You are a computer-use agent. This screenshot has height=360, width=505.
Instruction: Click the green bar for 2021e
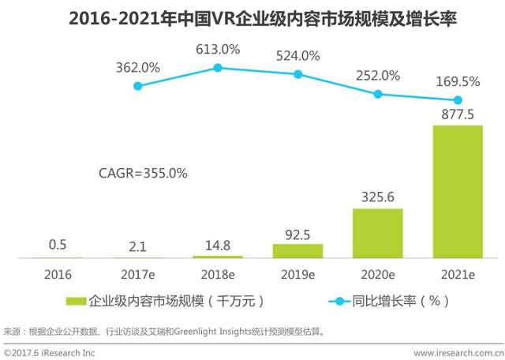[457, 191]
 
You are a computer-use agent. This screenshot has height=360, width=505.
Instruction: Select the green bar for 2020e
[377, 233]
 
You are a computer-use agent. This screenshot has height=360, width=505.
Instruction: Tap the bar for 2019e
[297, 250]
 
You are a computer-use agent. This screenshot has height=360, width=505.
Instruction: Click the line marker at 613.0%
[218, 68]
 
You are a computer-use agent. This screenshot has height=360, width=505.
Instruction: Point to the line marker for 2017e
[138, 85]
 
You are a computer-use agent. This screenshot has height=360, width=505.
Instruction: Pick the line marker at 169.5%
[457, 100]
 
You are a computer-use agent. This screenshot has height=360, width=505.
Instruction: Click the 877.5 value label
[457, 114]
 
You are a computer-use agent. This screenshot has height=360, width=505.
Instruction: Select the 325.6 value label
[377, 197]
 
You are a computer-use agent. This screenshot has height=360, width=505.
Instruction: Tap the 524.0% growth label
[297, 56]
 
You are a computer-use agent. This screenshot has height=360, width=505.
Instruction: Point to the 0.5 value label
[58, 246]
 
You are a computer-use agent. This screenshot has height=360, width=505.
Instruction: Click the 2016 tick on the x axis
[58, 274]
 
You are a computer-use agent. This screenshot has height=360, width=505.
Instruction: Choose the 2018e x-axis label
[218, 274]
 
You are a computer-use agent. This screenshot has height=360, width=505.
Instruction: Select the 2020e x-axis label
[377, 274]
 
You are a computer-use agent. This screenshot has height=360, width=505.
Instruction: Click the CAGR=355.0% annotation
[143, 173]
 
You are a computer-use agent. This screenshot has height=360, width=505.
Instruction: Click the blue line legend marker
[341, 301]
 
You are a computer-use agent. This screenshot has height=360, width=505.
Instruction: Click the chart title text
[252, 17]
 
